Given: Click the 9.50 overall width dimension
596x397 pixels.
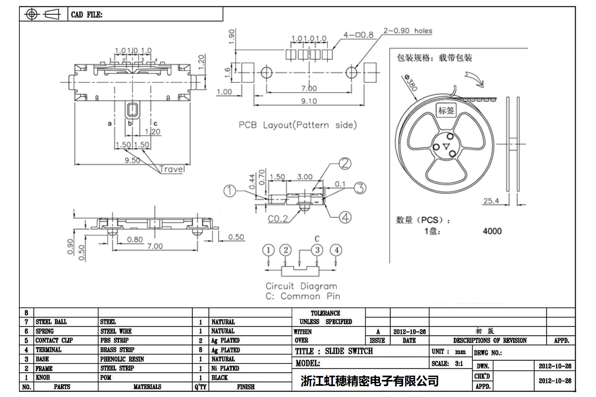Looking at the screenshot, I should (132, 160).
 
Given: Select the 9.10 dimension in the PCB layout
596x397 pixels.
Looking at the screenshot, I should (309, 101).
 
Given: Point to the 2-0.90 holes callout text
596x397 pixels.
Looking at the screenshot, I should (407, 31).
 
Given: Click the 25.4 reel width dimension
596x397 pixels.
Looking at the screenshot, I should (491, 201).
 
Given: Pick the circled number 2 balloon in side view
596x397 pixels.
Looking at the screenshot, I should (345, 163).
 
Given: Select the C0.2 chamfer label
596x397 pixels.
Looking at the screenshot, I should (278, 219).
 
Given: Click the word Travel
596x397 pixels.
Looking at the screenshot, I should (172, 169).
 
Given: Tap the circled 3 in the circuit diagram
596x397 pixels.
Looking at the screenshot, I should (317, 250).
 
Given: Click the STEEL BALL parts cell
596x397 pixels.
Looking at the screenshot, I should (51, 322).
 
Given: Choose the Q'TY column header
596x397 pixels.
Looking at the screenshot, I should (200, 387).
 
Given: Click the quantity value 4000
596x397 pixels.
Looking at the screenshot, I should (492, 231).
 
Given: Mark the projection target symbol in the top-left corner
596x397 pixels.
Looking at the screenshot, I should (32, 14).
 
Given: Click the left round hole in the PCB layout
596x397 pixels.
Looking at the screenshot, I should (267, 73).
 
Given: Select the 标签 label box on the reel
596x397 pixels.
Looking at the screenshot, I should (446, 111).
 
